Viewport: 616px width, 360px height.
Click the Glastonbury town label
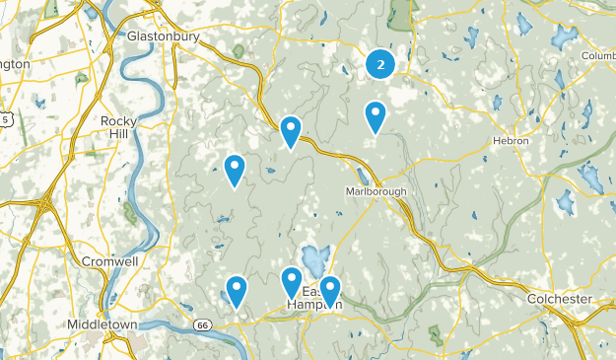tap(164, 36)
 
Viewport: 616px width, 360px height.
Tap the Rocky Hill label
tap(119, 127)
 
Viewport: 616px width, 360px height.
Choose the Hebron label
tap(511, 141)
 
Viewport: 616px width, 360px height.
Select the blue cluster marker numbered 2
tap(380, 65)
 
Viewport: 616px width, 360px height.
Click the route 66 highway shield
tap(202, 324)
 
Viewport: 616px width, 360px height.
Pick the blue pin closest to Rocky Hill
tap(235, 170)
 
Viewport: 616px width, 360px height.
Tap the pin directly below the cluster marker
tap(376, 116)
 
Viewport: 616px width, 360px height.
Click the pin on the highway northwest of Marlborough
tap(291, 130)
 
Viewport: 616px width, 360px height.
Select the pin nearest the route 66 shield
tap(237, 290)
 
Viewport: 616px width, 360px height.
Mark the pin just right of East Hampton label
tap(330, 290)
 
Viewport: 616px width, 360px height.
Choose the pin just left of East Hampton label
tap(292, 282)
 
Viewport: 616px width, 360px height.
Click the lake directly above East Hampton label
tap(314, 262)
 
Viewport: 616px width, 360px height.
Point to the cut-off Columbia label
tap(598, 56)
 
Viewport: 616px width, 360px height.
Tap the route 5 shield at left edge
tap(5, 119)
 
